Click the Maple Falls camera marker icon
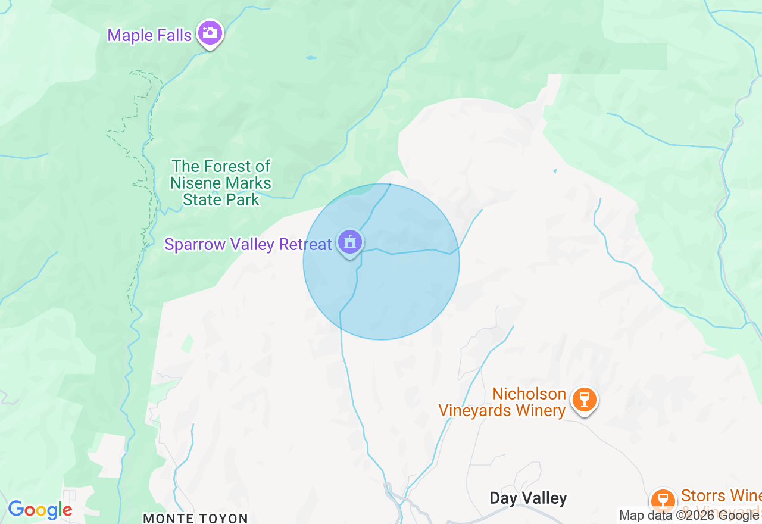click(210, 33)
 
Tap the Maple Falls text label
click(149, 35)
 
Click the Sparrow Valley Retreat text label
click(248, 245)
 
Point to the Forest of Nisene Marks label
click(221, 183)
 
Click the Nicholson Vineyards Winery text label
click(502, 403)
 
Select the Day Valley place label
click(528, 498)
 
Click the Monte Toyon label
click(195, 518)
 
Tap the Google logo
click(40, 510)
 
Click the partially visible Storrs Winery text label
click(721, 496)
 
